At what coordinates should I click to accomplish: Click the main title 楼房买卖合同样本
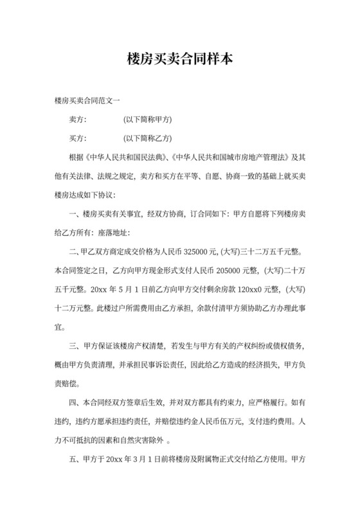pos(179,60)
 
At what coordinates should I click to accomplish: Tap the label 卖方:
pos(77,120)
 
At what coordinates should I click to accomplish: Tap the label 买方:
pos(77,138)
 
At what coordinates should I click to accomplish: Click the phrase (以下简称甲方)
pos(147,120)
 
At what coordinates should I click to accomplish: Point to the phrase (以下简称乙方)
pos(147,138)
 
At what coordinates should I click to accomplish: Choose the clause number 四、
pos(74,403)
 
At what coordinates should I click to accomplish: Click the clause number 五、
pos(74,460)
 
